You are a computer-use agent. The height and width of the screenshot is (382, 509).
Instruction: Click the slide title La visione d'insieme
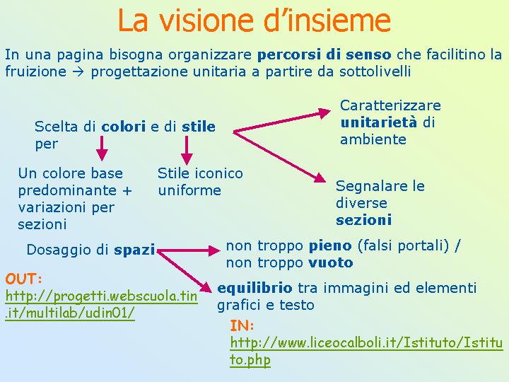tap(255, 20)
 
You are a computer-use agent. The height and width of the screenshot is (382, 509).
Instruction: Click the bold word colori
tap(123, 127)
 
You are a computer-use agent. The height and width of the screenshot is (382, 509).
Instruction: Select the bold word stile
tap(199, 127)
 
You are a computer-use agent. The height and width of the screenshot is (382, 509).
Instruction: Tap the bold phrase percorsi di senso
tap(324, 54)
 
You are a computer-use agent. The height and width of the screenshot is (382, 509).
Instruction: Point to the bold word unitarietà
tap(378, 122)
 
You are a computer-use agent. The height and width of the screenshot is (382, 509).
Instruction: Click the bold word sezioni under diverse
tap(363, 220)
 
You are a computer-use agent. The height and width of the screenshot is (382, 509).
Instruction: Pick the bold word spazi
tap(134, 250)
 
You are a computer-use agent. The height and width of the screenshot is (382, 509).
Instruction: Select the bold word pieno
tap(330, 246)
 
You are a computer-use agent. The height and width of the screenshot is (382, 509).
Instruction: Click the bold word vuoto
tap(330, 262)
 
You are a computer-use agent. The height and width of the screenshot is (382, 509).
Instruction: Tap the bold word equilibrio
tap(255, 288)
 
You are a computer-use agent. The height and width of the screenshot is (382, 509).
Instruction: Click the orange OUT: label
tap(23, 279)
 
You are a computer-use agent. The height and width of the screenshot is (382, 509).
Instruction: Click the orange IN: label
tap(242, 325)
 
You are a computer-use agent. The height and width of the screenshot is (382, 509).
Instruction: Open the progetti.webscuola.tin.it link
tap(101, 305)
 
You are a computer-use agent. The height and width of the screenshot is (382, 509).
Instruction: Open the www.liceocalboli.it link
tap(366, 352)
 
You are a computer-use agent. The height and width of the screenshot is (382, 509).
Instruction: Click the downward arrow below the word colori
tap(102, 148)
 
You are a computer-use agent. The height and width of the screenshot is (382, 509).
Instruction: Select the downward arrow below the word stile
tap(187, 151)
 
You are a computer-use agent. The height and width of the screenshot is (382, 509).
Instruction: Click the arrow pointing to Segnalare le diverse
tap(279, 157)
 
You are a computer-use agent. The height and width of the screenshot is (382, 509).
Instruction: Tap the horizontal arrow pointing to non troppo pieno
tap(188, 250)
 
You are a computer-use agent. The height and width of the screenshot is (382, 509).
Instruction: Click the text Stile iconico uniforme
tap(200, 182)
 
